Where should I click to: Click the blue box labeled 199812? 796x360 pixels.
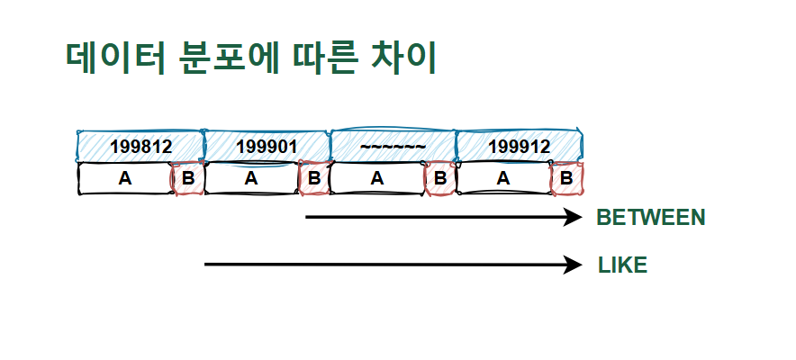coord(140,146)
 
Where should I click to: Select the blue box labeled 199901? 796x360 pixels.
coord(267,146)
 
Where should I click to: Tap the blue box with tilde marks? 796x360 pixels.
coord(393,146)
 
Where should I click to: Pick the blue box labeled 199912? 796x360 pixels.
coord(520,146)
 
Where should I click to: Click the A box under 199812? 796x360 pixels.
coord(125,178)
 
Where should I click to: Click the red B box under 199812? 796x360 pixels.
coord(188,178)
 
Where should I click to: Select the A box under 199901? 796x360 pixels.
coord(251,178)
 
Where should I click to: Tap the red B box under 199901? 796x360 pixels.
coord(314,178)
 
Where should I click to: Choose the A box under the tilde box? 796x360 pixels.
coord(377,178)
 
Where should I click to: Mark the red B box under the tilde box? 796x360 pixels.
coord(440,178)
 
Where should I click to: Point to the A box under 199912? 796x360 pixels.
coord(503,178)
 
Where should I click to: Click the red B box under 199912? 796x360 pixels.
coord(567,178)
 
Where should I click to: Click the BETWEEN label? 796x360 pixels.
coord(651,218)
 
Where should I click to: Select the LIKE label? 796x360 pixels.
coord(622,265)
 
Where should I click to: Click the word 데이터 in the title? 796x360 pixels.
coord(116,58)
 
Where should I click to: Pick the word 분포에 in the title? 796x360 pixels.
coord(230,58)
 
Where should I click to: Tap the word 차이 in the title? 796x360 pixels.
coord(403,58)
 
